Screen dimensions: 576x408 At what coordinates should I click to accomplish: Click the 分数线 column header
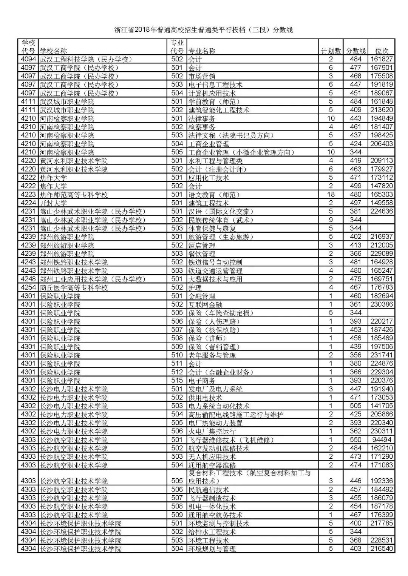click(356, 51)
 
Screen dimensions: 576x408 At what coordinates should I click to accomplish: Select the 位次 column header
click(381, 51)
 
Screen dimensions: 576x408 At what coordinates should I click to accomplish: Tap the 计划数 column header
click(331, 51)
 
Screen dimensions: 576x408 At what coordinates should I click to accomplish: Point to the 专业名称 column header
click(202, 51)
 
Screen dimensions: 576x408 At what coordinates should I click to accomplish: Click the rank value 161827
click(381, 59)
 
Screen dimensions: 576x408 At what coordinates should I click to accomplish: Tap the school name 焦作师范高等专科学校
click(74, 195)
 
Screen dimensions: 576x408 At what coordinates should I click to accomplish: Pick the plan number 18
click(331, 195)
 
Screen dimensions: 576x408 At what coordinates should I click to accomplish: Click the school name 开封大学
click(53, 203)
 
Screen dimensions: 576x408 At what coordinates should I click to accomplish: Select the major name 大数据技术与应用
click(215, 279)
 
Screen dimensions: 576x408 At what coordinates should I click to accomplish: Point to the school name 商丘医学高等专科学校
click(74, 287)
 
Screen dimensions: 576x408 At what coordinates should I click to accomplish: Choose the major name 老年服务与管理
click(212, 355)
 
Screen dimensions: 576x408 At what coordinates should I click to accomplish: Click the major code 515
click(177, 381)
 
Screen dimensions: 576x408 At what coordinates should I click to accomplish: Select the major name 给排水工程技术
click(212, 532)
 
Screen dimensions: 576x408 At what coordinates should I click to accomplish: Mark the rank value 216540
click(381, 549)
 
